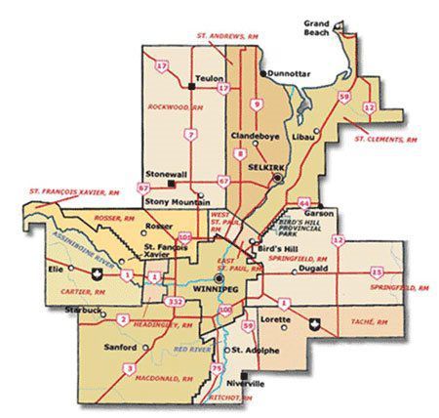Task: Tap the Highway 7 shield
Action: click(191, 134)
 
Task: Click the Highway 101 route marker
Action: click(185, 234)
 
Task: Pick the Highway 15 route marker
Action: click(377, 272)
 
